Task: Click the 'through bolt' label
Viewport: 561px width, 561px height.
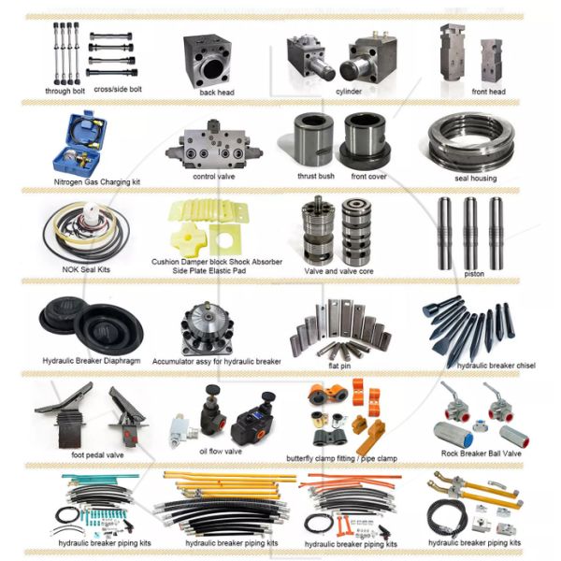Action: point(65,91)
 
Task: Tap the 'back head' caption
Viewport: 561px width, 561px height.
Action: point(216,93)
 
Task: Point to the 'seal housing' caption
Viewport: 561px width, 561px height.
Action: point(475,178)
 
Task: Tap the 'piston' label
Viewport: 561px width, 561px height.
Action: point(474,274)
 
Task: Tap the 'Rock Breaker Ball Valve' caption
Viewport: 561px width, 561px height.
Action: point(481,453)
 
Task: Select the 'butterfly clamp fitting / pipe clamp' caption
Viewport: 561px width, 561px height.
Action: point(341,458)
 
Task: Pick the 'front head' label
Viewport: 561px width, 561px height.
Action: point(488,92)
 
